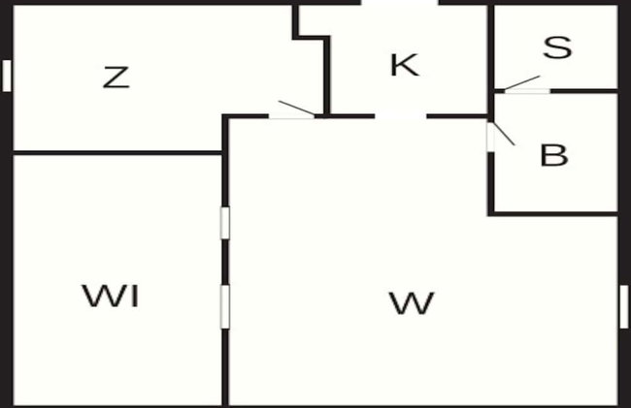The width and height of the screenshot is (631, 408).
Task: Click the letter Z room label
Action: coord(116,78)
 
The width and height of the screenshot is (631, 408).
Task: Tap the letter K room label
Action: coord(405,65)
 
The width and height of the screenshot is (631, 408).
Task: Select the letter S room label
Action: coord(557,47)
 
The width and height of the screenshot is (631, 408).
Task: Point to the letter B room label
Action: coord(554,155)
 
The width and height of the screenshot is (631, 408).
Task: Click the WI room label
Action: coord(111,296)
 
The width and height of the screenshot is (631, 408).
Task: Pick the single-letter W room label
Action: coord(412,303)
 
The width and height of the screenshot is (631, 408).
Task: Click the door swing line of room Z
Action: coord(297,108)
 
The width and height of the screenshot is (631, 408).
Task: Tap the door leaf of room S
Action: coord(521,82)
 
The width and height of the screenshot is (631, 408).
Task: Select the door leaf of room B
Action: coord(504,134)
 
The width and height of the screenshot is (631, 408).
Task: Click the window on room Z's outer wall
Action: coord(7,76)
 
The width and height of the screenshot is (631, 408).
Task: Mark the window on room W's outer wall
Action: coord(624,306)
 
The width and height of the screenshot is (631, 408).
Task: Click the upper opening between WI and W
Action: coord(225,223)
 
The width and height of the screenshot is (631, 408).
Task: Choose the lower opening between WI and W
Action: coord(225,306)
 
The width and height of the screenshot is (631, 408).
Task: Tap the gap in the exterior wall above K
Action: coord(400,2)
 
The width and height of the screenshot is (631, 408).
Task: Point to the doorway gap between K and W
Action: coord(401,116)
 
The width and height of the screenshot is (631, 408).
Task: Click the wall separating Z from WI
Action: coord(117,152)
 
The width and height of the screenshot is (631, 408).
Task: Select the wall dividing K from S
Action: coord(490,47)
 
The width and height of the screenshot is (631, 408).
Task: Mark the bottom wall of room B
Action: coord(552,213)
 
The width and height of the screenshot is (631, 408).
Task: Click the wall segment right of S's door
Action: coord(583,91)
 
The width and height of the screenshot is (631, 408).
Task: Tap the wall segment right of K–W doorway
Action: coord(457,116)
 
